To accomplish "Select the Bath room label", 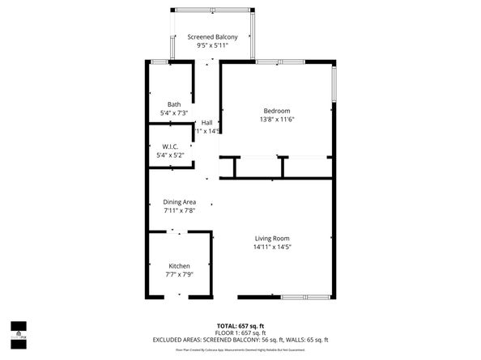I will click(174, 104).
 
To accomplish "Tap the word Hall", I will click(206, 122).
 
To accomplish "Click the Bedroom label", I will click(276, 111).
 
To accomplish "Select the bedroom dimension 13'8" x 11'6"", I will click(276, 120).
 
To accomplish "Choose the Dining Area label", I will click(180, 201).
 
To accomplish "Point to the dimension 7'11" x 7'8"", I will click(180, 210).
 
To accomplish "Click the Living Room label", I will click(272, 238).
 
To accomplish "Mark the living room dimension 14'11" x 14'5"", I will click(272, 247).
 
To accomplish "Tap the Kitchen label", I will click(179, 266).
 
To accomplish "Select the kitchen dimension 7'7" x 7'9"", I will click(179, 275).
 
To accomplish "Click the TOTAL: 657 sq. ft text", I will click(240, 325).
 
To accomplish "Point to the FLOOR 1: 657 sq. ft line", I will click(240, 332).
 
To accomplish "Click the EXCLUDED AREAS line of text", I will click(240, 340).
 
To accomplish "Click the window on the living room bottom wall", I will click(305, 297).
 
